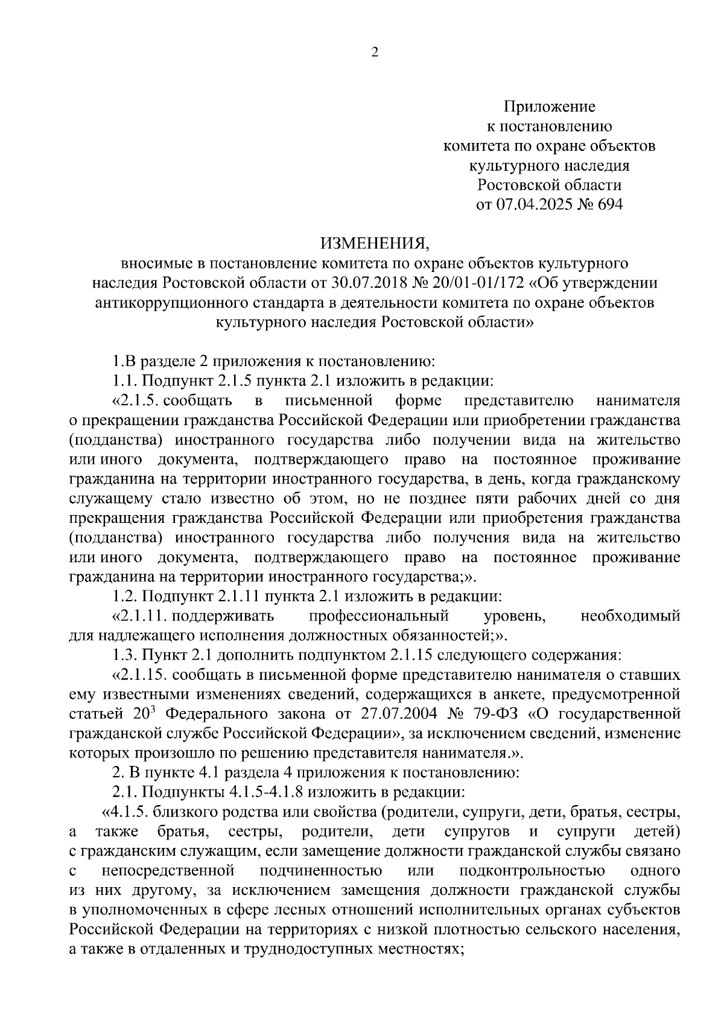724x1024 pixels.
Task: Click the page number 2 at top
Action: pos(374,52)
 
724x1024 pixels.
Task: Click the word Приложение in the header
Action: pos(550,107)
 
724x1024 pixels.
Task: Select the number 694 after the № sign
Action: pos(609,204)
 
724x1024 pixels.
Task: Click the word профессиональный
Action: pos(379,616)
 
